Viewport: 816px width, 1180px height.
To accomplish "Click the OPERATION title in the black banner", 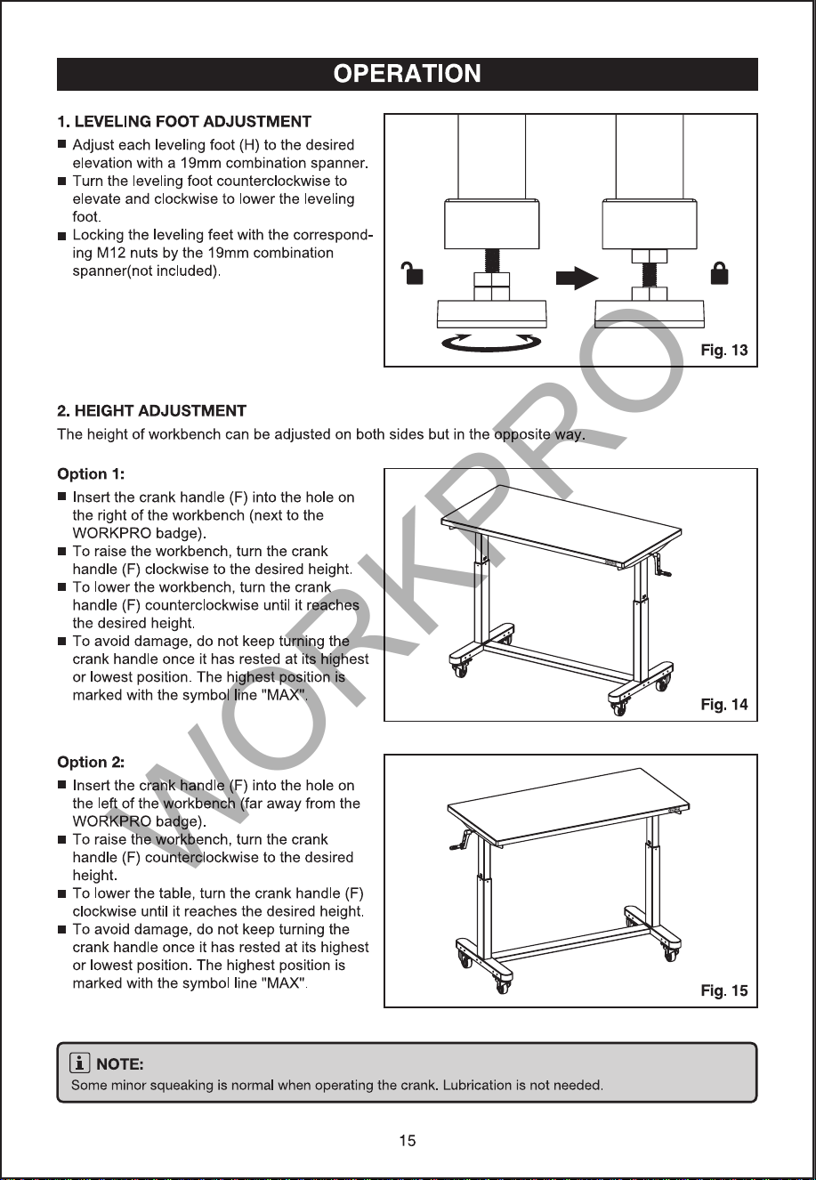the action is click(x=408, y=74).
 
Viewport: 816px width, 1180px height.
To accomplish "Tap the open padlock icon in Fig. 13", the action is click(x=413, y=273).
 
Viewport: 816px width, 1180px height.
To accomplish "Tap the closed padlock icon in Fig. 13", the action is click(x=720, y=273).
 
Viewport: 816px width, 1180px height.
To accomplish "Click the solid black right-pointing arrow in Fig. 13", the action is click(x=578, y=278).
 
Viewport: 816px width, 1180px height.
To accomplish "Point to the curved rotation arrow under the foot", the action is click(x=491, y=347).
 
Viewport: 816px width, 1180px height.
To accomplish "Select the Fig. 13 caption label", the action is click(x=723, y=351).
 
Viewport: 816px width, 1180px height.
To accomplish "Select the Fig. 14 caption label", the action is click(x=723, y=704).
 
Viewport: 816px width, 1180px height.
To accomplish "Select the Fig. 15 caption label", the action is click(x=723, y=990).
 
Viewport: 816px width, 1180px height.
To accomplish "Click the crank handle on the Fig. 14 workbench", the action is click(x=662, y=566).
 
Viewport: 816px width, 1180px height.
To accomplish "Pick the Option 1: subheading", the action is click(x=91, y=474).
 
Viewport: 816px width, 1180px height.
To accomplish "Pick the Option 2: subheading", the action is click(x=91, y=763).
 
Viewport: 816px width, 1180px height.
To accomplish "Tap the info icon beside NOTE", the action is click(x=79, y=1063).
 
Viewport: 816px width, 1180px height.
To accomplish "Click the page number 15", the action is click(x=408, y=1141).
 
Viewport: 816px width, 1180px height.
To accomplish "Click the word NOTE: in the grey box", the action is click(x=119, y=1064).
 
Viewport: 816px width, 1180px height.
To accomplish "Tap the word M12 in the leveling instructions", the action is click(x=110, y=253).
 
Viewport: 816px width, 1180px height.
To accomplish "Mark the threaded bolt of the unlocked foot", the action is click(x=491, y=260).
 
